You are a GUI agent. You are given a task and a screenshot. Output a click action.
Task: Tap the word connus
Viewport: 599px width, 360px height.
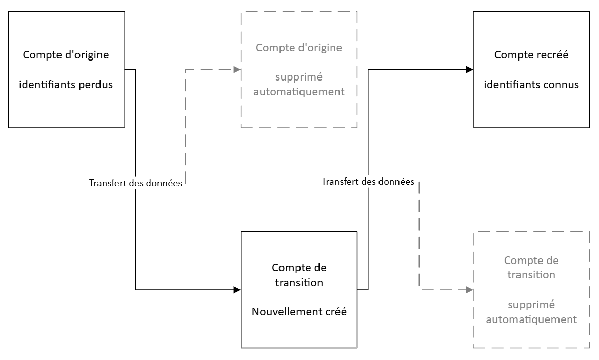(563, 85)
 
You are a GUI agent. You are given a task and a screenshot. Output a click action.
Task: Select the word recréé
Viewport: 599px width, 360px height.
(554, 55)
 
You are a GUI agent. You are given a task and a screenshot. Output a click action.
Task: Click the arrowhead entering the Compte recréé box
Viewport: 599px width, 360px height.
(470, 70)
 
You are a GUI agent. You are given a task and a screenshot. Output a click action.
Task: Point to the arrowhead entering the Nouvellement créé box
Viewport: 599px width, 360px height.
(237, 290)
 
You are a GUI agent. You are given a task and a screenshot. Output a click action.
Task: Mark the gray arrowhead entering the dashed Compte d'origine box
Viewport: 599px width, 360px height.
(237, 70)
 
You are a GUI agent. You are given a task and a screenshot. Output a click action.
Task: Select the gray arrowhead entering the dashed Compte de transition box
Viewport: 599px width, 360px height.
(470, 290)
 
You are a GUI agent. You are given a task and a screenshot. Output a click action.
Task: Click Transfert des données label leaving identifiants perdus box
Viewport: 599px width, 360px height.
(135, 183)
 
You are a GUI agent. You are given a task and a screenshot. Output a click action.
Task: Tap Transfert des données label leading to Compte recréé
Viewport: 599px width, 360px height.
(368, 182)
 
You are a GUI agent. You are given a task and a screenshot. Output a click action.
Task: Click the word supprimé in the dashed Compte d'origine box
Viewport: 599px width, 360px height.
(299, 77)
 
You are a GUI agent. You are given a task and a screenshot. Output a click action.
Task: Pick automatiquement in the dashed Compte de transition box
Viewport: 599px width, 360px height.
(531, 319)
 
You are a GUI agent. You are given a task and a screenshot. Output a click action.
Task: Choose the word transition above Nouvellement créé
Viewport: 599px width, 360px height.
(299, 283)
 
